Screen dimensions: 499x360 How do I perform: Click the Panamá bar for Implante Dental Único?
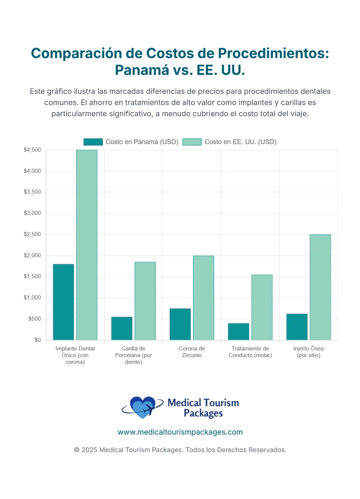coord(63,302)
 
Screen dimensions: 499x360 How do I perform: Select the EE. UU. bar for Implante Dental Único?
coord(87,245)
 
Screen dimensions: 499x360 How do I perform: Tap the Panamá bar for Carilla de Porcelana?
coord(122,328)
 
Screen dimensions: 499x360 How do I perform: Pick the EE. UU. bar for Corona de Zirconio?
coord(203,298)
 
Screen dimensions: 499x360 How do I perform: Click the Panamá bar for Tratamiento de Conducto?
coord(238,331)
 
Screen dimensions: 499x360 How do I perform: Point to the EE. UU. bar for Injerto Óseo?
coord(320,287)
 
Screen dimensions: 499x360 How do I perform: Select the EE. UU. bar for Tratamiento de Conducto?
coord(262,307)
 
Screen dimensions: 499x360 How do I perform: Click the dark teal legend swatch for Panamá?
coord(93,142)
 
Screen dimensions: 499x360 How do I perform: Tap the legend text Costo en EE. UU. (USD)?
coord(240,142)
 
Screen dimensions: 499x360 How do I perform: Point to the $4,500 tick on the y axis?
coord(32,150)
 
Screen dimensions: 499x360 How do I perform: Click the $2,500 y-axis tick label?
coord(32,234)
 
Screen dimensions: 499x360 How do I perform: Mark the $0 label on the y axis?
coord(38,340)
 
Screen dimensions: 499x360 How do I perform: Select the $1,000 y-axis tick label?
coord(32,298)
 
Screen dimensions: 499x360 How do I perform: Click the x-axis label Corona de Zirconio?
coord(192,352)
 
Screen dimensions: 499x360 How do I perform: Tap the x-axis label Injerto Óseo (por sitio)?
coord(308,352)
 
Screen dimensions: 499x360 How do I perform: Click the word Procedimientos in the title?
coord(273,53)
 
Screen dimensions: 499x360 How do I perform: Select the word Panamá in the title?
coord(142,70)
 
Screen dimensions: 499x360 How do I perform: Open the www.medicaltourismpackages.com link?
coord(180,432)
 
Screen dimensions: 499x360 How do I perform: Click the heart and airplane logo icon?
coord(143,407)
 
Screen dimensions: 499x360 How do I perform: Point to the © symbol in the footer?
coord(77,450)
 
